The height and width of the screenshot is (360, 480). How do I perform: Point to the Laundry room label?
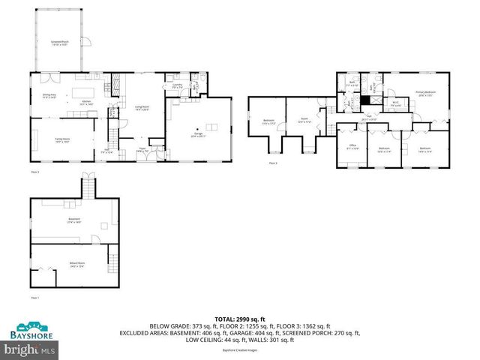point(178,86)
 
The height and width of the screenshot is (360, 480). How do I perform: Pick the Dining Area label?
point(49,96)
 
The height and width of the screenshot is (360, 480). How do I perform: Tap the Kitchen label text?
point(85,103)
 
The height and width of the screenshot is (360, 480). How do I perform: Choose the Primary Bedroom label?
point(426,94)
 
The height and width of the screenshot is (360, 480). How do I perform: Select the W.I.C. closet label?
point(395,105)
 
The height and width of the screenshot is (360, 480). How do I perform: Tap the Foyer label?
point(141,150)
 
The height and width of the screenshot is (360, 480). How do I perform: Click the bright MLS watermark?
point(29,349)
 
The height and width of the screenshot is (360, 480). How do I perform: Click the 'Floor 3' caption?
point(273,163)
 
